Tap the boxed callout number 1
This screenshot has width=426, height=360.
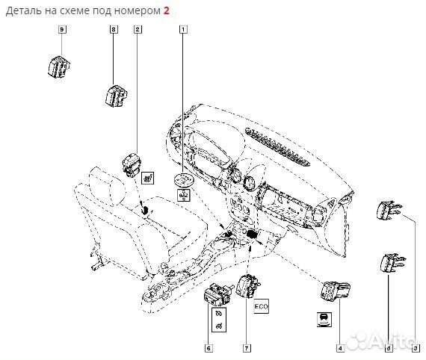[x=182, y=29]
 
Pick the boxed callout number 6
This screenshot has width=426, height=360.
[x=209, y=347]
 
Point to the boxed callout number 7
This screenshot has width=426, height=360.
[x=244, y=347]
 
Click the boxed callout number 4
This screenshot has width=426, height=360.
[x=340, y=347]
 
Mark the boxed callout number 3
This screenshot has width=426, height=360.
[x=416, y=347]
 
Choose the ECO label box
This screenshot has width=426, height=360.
[x=261, y=307]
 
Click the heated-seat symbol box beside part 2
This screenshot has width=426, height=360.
[x=149, y=177]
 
